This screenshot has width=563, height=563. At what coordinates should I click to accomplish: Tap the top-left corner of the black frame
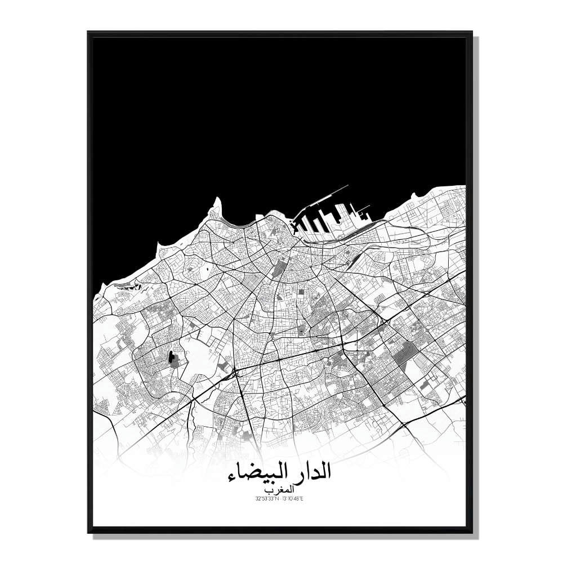pyautogui.click(x=89, y=33)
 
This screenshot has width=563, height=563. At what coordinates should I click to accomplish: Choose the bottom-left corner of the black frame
pyautogui.click(x=89, y=532)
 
